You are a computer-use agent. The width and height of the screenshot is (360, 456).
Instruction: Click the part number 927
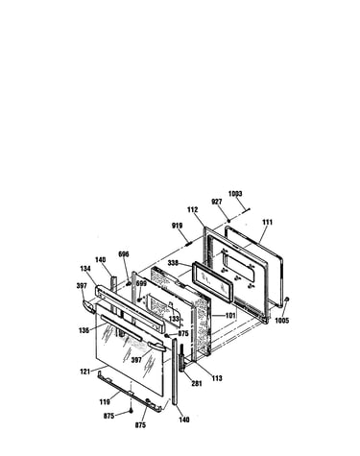pyautogui.click(x=217, y=202)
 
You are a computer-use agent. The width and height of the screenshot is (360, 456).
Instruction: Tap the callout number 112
pyautogui.click(x=193, y=210)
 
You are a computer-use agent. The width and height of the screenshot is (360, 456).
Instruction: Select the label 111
pyautogui.click(x=268, y=222)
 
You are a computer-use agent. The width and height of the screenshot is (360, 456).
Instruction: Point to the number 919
pyautogui.click(x=177, y=226)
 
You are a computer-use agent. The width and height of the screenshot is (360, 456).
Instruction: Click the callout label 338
pyautogui.click(x=173, y=263)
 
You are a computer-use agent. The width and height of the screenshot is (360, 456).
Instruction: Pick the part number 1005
pyautogui.click(x=282, y=321)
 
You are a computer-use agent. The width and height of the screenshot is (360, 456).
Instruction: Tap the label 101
pyautogui.click(x=230, y=316)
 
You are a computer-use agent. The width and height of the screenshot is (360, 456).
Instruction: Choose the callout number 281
pyautogui.click(x=197, y=383)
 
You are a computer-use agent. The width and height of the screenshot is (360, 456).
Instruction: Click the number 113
pyautogui.click(x=217, y=378)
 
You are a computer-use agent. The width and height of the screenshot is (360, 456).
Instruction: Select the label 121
pyautogui.click(x=85, y=372)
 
